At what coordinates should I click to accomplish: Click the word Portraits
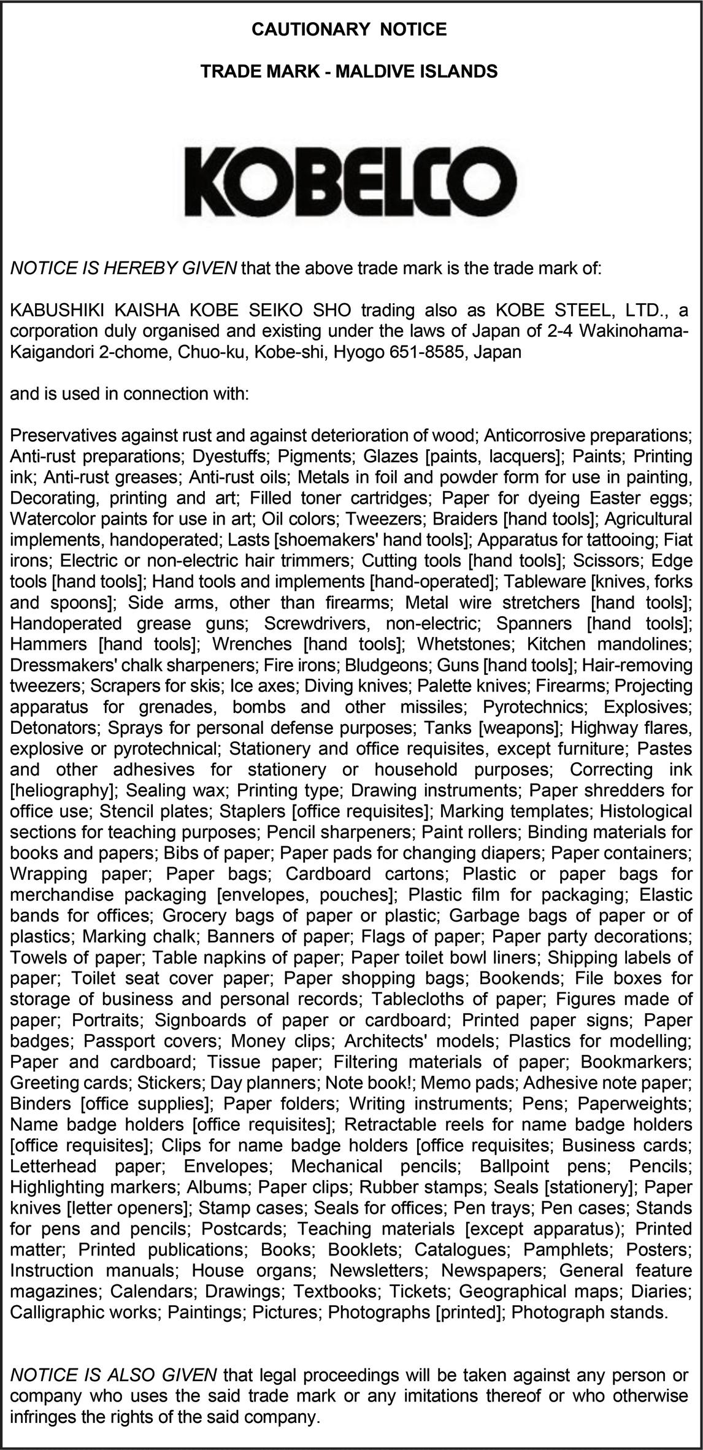click(x=107, y=1020)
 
